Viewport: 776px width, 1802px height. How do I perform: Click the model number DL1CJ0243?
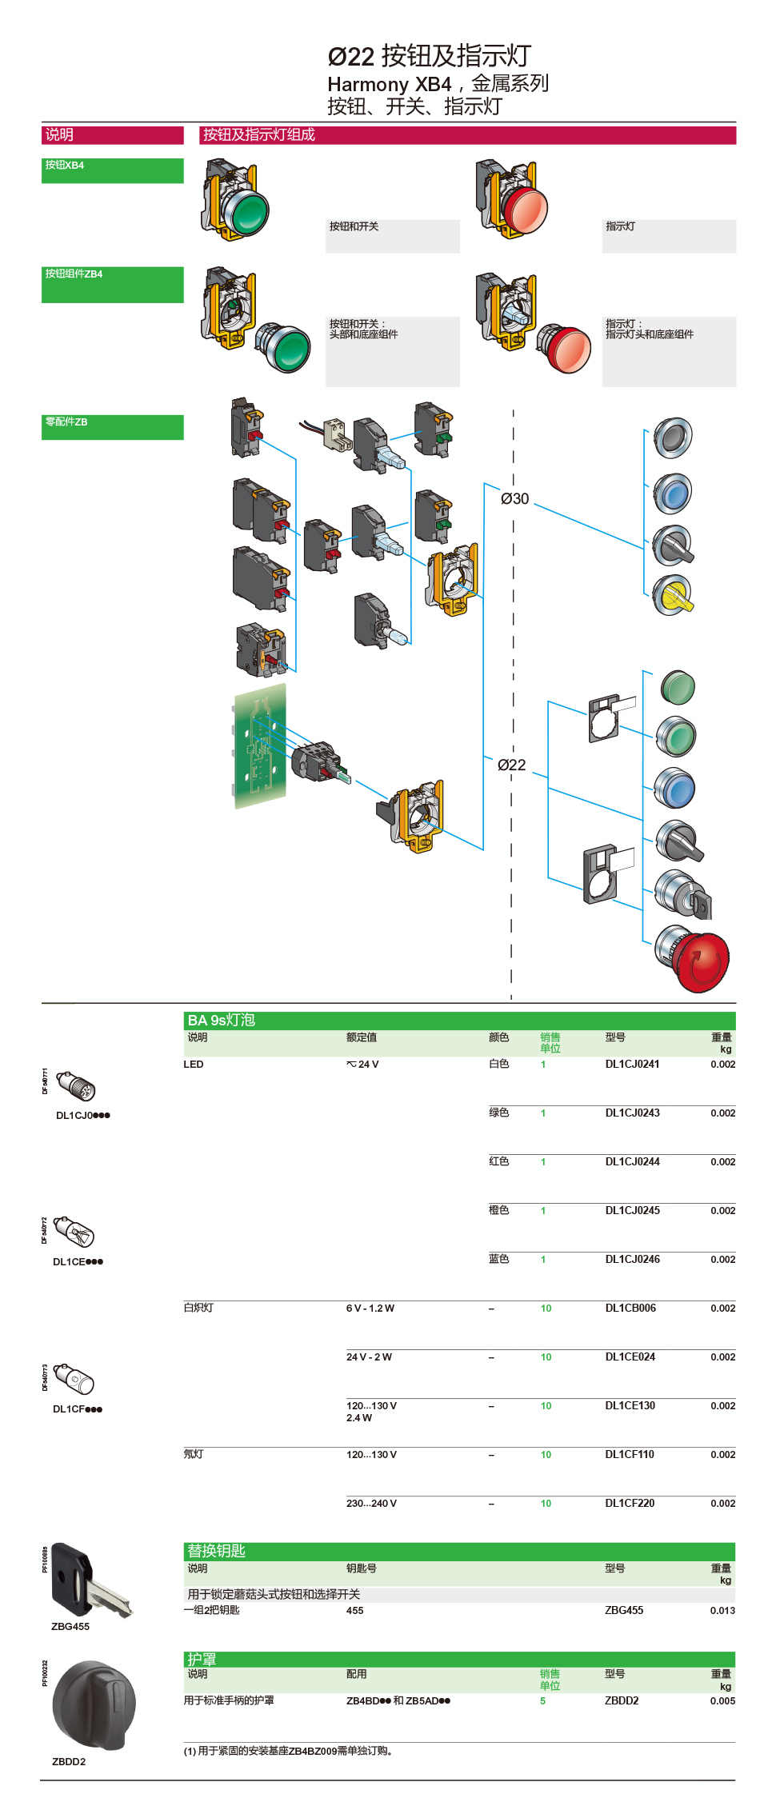pos(632,1113)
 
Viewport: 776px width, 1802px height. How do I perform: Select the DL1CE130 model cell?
pos(630,1405)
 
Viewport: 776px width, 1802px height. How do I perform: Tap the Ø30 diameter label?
pos(514,499)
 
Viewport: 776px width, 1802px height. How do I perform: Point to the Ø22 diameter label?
pos(511,765)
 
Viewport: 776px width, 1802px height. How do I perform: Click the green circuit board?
pos(260,745)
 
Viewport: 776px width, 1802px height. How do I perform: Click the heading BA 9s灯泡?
pos(221,1021)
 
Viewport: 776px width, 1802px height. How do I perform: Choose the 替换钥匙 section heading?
pos(216,1551)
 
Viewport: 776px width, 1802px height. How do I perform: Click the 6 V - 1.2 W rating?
pos(370,1309)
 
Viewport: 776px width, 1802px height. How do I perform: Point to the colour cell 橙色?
pos(498,1210)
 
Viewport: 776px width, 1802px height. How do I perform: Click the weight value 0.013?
pos(722,1611)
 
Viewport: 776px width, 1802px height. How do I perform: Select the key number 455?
pos(354,1611)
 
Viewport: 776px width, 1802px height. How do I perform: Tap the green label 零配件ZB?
pos(66,422)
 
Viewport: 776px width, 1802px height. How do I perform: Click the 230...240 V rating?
pos(371,1504)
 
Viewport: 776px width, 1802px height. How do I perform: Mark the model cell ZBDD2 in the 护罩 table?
pos(622,1701)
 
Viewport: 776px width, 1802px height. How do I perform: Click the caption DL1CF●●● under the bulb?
pos(78,1409)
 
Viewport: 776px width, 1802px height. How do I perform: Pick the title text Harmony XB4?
pos(389,85)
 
